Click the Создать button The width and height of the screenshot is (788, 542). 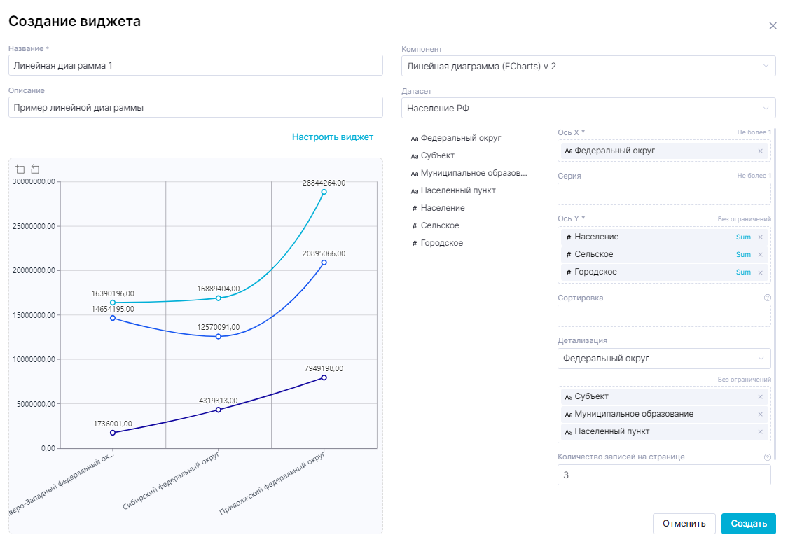point(748,523)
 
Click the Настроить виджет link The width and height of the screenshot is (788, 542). point(333,137)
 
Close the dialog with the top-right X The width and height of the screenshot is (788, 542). point(773,26)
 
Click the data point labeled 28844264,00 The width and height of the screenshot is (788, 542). point(324,192)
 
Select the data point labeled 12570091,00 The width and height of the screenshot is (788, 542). point(219,337)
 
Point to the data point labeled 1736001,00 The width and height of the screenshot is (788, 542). point(113,433)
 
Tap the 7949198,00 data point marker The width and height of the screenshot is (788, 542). point(324,377)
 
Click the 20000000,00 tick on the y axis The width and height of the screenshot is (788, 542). point(34,270)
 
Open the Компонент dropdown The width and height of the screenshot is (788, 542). point(588,66)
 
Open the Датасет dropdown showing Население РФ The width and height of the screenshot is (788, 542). point(588,108)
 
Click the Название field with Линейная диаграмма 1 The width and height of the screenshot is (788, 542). point(195,66)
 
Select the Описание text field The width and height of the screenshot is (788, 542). point(195,108)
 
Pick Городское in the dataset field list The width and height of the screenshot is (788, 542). point(441,243)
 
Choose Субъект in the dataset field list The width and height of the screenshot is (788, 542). point(438,155)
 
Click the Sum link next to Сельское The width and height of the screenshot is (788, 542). point(743,255)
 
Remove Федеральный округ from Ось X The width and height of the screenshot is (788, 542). point(760,151)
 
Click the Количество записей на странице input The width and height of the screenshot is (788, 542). point(663,475)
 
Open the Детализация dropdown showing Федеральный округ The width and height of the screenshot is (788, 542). point(663,359)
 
